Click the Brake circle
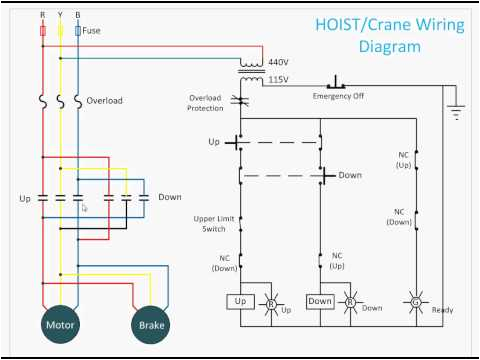point(152,325)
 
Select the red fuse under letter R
point(42,32)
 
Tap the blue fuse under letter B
point(78,32)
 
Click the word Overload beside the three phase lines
point(106,101)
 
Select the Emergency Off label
point(338,95)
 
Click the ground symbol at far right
point(457,112)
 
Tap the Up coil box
point(240,301)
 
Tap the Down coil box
point(320,301)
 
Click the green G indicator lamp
point(416,301)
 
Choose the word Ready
point(442,310)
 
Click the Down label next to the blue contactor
point(169,197)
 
